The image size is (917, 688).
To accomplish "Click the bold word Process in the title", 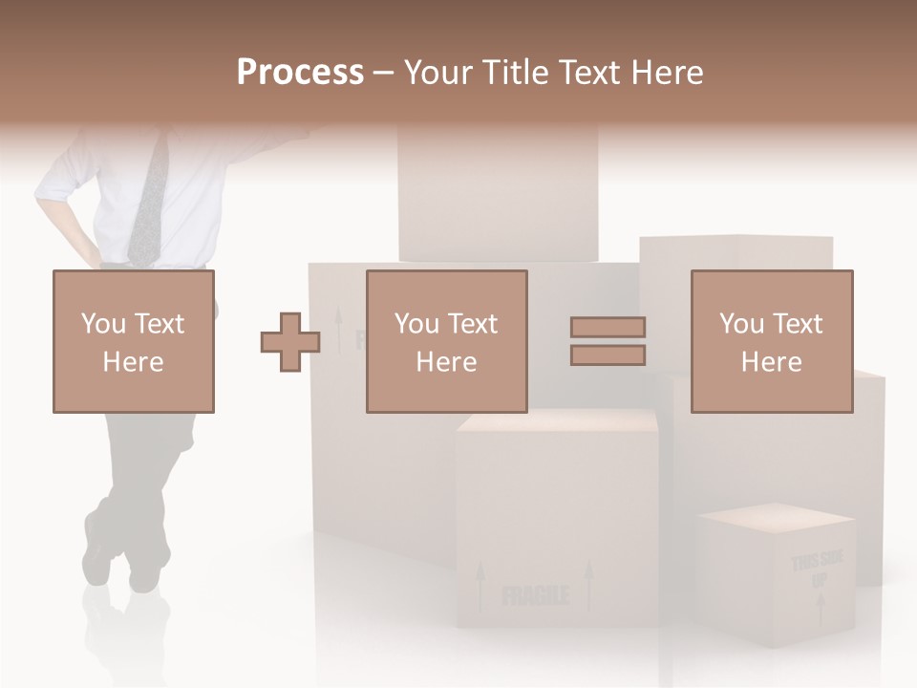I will (300, 73).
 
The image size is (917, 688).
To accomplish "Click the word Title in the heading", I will (516, 73).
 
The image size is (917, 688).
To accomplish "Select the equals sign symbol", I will (608, 341).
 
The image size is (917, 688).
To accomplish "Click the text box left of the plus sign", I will (134, 341).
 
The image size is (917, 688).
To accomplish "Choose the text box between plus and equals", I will (447, 341).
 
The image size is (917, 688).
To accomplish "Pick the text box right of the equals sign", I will (772, 341).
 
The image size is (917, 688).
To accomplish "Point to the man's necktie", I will (149, 201).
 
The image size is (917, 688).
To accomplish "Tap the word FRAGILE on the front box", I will (535, 596).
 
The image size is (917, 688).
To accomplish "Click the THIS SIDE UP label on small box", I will (817, 570).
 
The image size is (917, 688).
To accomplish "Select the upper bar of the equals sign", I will (608, 327).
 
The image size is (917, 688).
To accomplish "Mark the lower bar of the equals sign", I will (608, 355).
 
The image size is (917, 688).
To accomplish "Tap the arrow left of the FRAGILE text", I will (480, 584).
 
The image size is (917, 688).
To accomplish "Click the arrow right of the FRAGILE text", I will (588, 584).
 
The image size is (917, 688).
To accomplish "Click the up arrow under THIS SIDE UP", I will (820, 608).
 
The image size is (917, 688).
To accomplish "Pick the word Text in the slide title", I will (591, 73).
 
